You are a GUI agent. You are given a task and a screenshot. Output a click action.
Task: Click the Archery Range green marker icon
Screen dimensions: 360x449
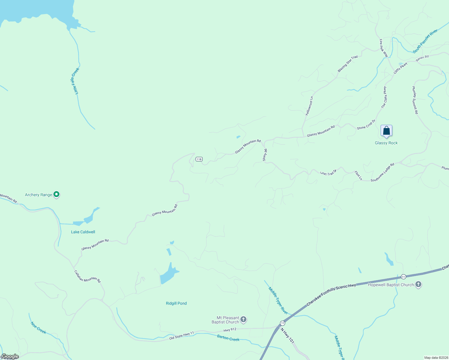(x=56, y=194)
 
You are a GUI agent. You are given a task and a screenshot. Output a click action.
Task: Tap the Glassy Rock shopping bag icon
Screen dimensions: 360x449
(x=386, y=130)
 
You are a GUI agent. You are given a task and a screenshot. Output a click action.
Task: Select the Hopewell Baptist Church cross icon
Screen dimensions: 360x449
(x=418, y=284)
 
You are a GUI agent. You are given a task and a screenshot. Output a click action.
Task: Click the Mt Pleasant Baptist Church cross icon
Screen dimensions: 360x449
(x=243, y=319)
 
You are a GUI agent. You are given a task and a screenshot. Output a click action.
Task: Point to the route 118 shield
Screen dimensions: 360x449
(x=199, y=159)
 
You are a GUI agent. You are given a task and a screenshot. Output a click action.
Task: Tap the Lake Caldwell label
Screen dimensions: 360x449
(x=83, y=232)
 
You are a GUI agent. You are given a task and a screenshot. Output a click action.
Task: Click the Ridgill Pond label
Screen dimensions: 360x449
(x=176, y=303)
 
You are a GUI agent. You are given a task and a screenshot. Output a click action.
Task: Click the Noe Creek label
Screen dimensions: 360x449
(x=38, y=328)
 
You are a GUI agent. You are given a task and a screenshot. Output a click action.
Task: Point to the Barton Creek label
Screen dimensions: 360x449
(x=228, y=338)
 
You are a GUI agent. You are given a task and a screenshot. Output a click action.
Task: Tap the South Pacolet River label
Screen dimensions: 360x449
(x=425, y=42)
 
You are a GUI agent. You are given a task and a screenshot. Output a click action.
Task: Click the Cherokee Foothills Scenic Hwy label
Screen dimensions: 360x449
(x=331, y=295)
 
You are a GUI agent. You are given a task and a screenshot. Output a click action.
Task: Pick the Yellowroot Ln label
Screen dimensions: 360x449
(x=309, y=106)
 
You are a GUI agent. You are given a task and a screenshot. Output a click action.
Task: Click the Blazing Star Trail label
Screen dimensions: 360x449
(x=348, y=64)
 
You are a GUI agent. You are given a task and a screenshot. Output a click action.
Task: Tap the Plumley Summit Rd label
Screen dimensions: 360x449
(x=415, y=100)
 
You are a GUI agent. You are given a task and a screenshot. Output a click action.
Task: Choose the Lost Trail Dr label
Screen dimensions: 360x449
(x=328, y=172)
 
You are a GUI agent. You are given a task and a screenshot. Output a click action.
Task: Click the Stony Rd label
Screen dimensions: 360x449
(x=265, y=155)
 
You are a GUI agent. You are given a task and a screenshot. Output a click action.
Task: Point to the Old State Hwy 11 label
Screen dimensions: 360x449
(x=182, y=335)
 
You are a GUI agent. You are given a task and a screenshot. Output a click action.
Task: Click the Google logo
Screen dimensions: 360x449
(x=10, y=356)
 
